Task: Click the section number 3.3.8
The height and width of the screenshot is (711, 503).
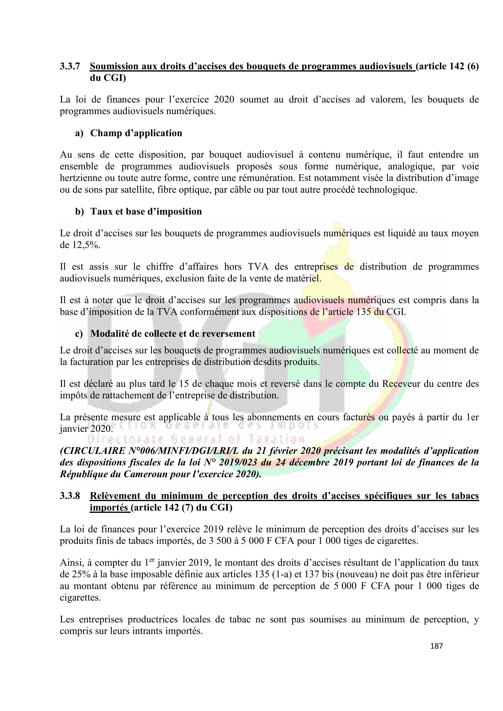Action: pyautogui.click(x=70, y=496)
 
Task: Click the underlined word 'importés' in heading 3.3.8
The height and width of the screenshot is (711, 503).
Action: pyautogui.click(x=109, y=508)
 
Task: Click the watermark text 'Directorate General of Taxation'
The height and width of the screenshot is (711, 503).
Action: pyautogui.click(x=196, y=439)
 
